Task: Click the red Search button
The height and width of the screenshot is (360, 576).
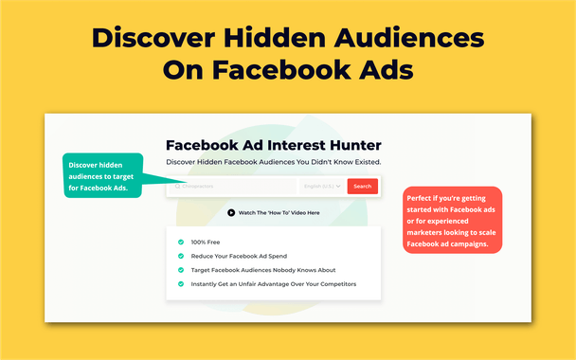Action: [362, 187]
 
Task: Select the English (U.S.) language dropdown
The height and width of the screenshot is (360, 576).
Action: [322, 187]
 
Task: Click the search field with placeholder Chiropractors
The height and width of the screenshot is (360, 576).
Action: [237, 187]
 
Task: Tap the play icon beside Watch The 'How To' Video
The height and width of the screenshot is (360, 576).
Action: [231, 212]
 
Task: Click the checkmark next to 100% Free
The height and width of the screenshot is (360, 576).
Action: [180, 242]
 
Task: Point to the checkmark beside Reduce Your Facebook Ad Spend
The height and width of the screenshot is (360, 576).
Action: [180, 256]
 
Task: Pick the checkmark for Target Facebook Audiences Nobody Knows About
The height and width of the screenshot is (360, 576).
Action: [180, 270]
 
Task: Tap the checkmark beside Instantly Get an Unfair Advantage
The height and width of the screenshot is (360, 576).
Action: [180, 284]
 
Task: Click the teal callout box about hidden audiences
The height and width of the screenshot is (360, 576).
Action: [102, 175]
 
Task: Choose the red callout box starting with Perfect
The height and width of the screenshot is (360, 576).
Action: [452, 219]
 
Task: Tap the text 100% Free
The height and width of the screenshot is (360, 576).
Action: [207, 242]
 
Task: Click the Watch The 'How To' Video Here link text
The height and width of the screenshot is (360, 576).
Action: [279, 212]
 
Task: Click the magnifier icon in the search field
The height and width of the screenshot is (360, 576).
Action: [176, 187]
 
